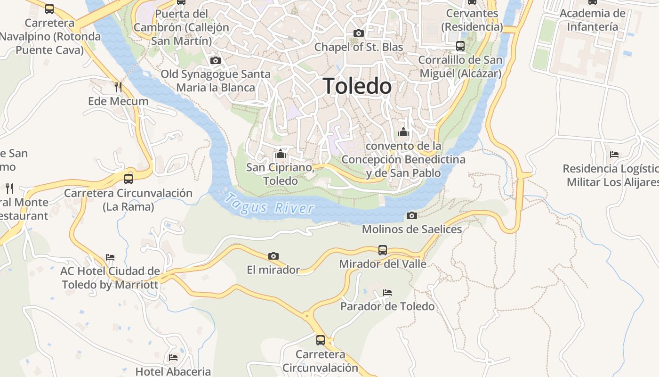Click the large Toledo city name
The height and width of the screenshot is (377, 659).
[357, 86]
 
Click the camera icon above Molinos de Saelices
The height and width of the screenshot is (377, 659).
[412, 215]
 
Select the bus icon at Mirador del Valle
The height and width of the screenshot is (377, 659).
[383, 250]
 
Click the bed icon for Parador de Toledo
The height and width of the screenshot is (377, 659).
[387, 293]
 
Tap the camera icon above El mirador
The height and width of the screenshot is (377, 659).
[273, 256]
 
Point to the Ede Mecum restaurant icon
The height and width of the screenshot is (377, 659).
[118, 87]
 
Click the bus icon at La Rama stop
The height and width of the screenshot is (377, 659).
[129, 179]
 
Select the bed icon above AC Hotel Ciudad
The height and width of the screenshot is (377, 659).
[110, 257]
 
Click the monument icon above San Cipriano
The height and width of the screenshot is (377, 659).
[281, 154]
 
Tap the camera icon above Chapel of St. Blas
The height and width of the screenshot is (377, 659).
[359, 33]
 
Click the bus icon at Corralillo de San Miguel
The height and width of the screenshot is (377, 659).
[460, 46]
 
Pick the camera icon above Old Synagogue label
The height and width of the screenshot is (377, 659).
[216, 60]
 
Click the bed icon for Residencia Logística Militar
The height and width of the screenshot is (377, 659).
[614, 154]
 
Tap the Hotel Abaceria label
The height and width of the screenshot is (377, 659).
[173, 371]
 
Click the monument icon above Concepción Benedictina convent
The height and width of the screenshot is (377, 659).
[403, 132]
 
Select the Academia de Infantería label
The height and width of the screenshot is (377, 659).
[592, 20]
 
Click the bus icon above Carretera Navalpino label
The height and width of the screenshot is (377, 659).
[49, 8]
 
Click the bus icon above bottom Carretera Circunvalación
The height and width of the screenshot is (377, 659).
[321, 340]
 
